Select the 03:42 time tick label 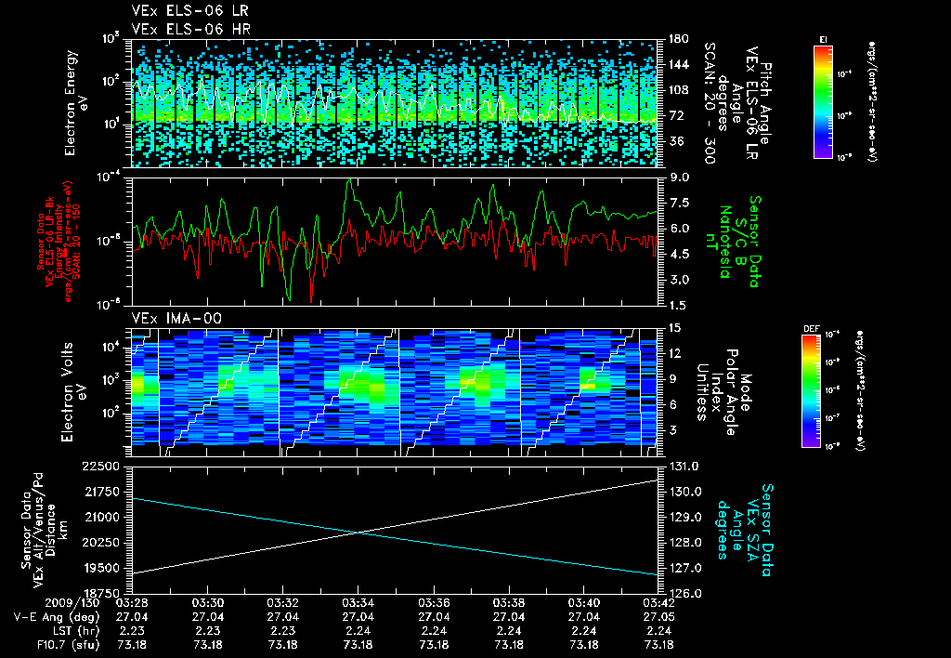(658, 601)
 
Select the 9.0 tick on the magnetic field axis (679, 177)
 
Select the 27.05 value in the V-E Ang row (658, 616)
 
